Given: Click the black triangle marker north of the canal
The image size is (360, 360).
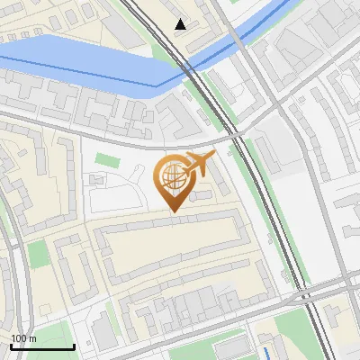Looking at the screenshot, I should (x=181, y=24).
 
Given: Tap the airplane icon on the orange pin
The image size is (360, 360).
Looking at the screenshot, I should (x=197, y=164).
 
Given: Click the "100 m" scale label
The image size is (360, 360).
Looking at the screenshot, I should (x=23, y=338).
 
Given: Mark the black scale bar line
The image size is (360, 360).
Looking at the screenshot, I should (x=41, y=346).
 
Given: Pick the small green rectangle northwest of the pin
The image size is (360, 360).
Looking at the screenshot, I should (x=107, y=160).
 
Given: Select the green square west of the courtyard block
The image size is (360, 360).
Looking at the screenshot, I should (x=38, y=254).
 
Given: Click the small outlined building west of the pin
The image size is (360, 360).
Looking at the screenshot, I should (x=97, y=179).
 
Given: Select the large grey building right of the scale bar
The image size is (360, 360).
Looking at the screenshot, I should (x=103, y=335).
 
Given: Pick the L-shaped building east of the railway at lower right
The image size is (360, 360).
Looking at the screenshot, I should (x=340, y=315).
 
